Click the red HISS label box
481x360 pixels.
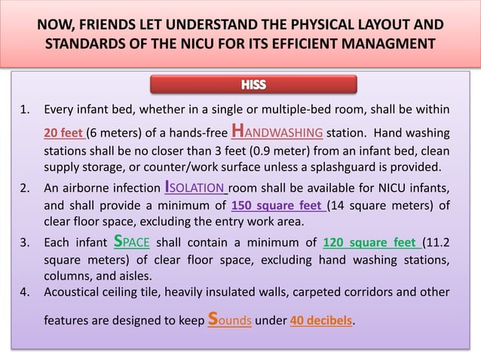[254, 84]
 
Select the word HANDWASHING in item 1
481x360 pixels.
[277, 133]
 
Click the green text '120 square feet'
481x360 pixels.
[369, 243]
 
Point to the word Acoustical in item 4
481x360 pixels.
[75, 291]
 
